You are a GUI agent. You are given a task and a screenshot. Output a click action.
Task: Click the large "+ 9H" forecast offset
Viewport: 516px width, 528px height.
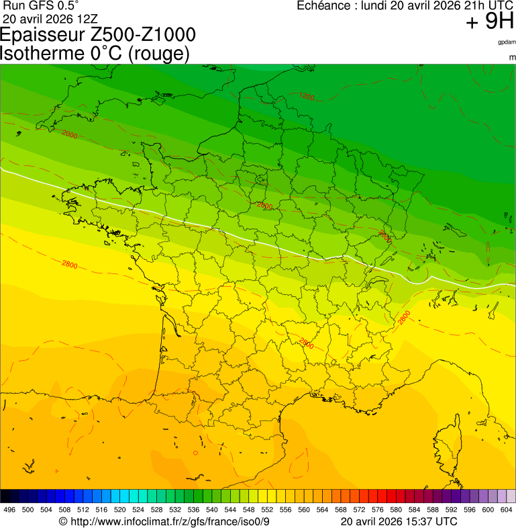pyautogui.click(x=489, y=23)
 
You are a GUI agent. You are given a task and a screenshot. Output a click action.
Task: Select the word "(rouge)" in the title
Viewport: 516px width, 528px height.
pyautogui.click(x=158, y=54)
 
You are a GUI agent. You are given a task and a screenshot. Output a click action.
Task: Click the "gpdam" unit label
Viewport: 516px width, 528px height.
pyautogui.click(x=507, y=42)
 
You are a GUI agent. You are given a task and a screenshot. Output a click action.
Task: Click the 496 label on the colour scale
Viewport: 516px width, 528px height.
pyautogui.click(x=9, y=510)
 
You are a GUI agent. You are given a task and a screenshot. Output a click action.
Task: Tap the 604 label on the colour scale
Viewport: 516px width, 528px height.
pyautogui.click(x=507, y=510)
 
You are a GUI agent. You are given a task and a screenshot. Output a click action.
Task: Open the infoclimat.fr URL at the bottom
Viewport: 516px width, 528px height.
pyautogui.click(x=170, y=521)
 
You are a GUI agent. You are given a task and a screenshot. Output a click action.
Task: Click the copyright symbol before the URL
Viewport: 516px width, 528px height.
pyautogui.click(x=63, y=521)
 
